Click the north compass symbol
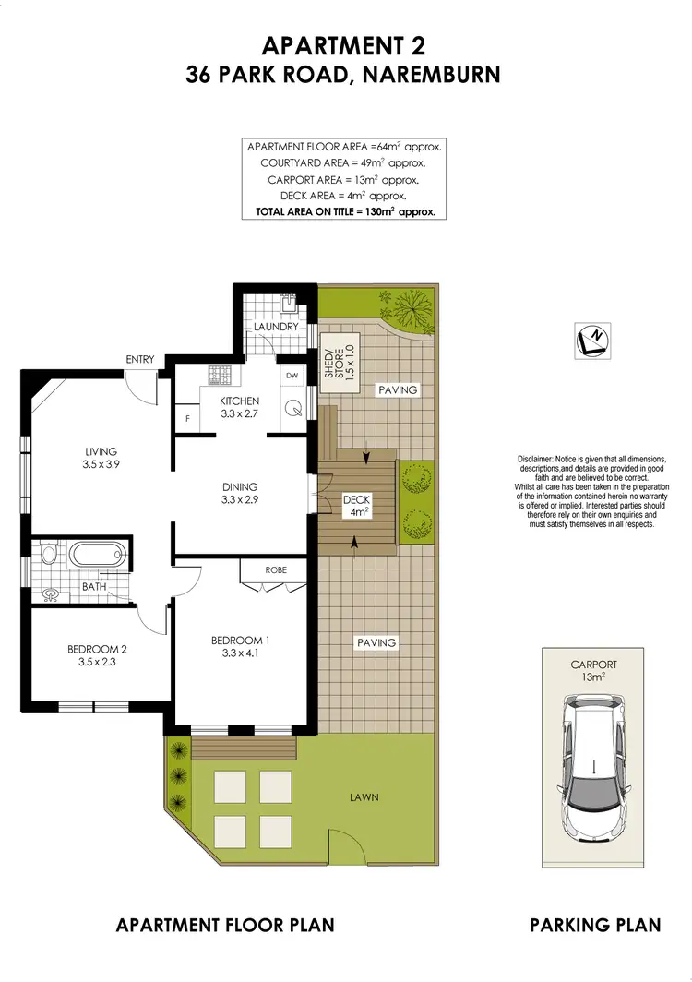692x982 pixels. click(x=590, y=339)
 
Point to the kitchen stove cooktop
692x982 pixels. click(x=221, y=376)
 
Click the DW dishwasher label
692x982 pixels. click(x=292, y=376)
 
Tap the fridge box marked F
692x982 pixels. click(x=188, y=418)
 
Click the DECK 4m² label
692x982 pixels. click(x=356, y=505)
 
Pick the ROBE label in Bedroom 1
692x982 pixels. click(x=275, y=569)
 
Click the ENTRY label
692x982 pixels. click(x=140, y=360)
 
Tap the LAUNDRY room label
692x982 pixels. click(x=277, y=327)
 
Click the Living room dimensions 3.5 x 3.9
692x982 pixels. click(x=101, y=465)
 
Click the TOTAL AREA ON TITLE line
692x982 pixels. click(x=344, y=211)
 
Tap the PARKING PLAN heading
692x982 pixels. click(x=595, y=925)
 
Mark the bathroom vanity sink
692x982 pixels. click(x=51, y=595)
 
